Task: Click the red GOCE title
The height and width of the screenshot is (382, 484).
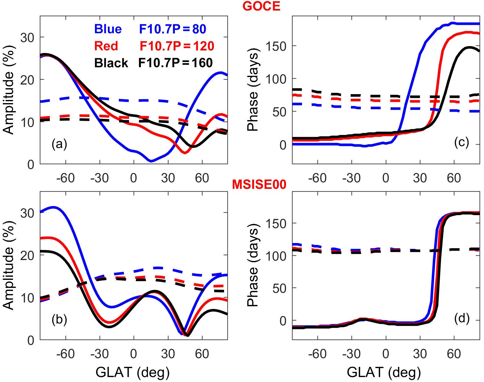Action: point(261,6)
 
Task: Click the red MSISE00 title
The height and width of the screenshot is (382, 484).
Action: point(259,184)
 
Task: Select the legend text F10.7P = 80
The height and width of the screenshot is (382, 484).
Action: point(172,29)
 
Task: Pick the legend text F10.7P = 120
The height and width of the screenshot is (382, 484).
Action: point(177,46)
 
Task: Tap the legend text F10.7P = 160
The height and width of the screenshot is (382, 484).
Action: point(175,63)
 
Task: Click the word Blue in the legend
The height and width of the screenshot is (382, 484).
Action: point(108,29)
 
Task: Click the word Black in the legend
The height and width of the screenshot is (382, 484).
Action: point(111,63)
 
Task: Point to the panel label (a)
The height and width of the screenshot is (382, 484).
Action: point(59,144)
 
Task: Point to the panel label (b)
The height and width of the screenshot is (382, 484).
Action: point(59,319)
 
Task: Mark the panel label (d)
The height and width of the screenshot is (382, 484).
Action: point(461,318)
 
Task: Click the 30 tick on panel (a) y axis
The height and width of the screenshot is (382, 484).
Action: point(27,38)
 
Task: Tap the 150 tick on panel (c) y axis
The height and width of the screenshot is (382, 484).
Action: point(276,46)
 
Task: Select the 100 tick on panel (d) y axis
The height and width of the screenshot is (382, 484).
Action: point(276,256)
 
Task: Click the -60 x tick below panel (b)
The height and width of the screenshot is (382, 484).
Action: point(65,354)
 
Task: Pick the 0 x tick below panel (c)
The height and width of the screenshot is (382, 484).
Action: point(386,178)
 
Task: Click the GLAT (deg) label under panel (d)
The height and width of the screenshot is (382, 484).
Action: point(384,372)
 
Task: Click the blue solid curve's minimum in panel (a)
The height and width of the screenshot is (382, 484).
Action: point(151,161)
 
